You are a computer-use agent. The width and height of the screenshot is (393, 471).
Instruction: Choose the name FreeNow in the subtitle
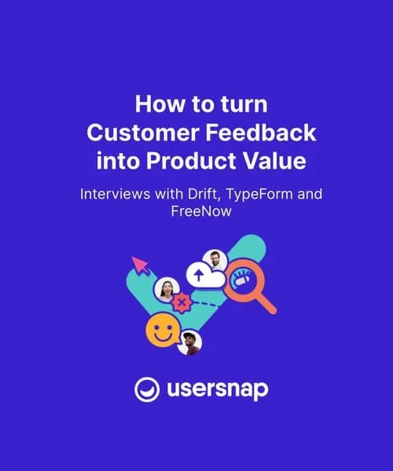196,212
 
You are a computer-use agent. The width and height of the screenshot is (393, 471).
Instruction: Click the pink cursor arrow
141,265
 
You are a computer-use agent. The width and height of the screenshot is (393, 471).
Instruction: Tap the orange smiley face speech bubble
160,330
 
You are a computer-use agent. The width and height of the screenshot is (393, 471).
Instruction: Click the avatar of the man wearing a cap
189,342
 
